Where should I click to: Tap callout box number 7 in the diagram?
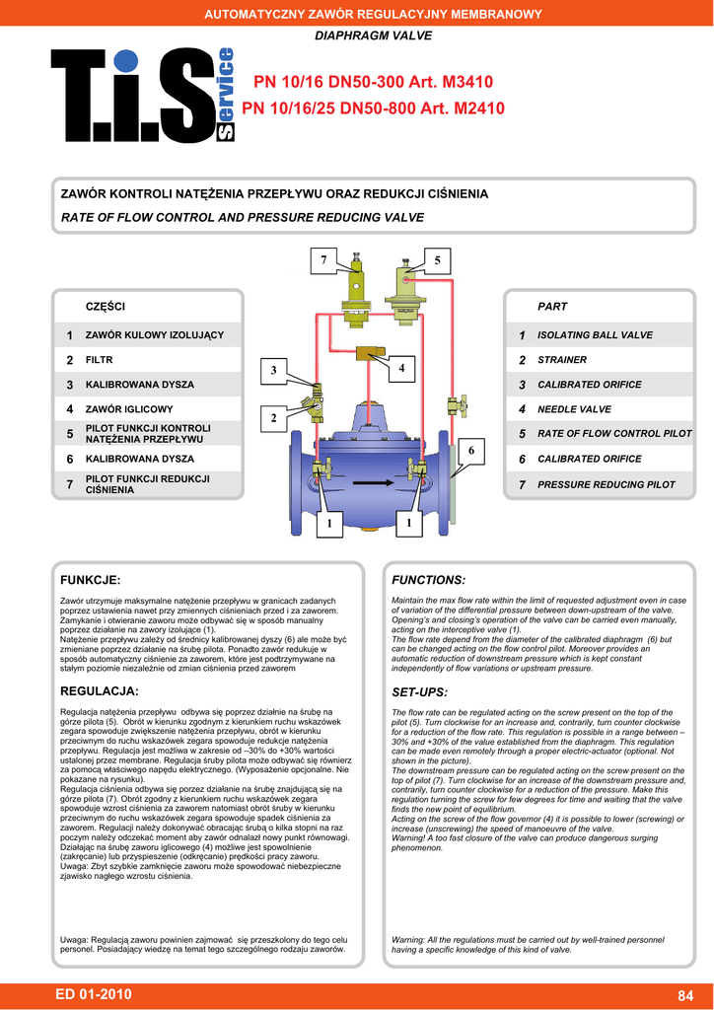tap(322, 260)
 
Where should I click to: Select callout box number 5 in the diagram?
tap(437, 260)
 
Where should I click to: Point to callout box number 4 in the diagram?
tap(402, 369)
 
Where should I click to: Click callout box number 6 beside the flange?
tap(471, 451)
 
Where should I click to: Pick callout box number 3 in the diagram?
tap(275, 369)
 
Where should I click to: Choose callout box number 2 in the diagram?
tap(275, 419)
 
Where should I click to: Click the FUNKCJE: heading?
tap(91, 580)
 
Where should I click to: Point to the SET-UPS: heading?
tap(420, 691)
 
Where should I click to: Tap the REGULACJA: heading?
tap(100, 690)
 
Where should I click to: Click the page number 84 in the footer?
tap(686, 994)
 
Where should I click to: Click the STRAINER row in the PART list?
tap(562, 360)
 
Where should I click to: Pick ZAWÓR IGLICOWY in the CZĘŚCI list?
tap(129, 409)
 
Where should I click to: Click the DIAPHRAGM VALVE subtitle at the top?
tap(359, 36)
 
